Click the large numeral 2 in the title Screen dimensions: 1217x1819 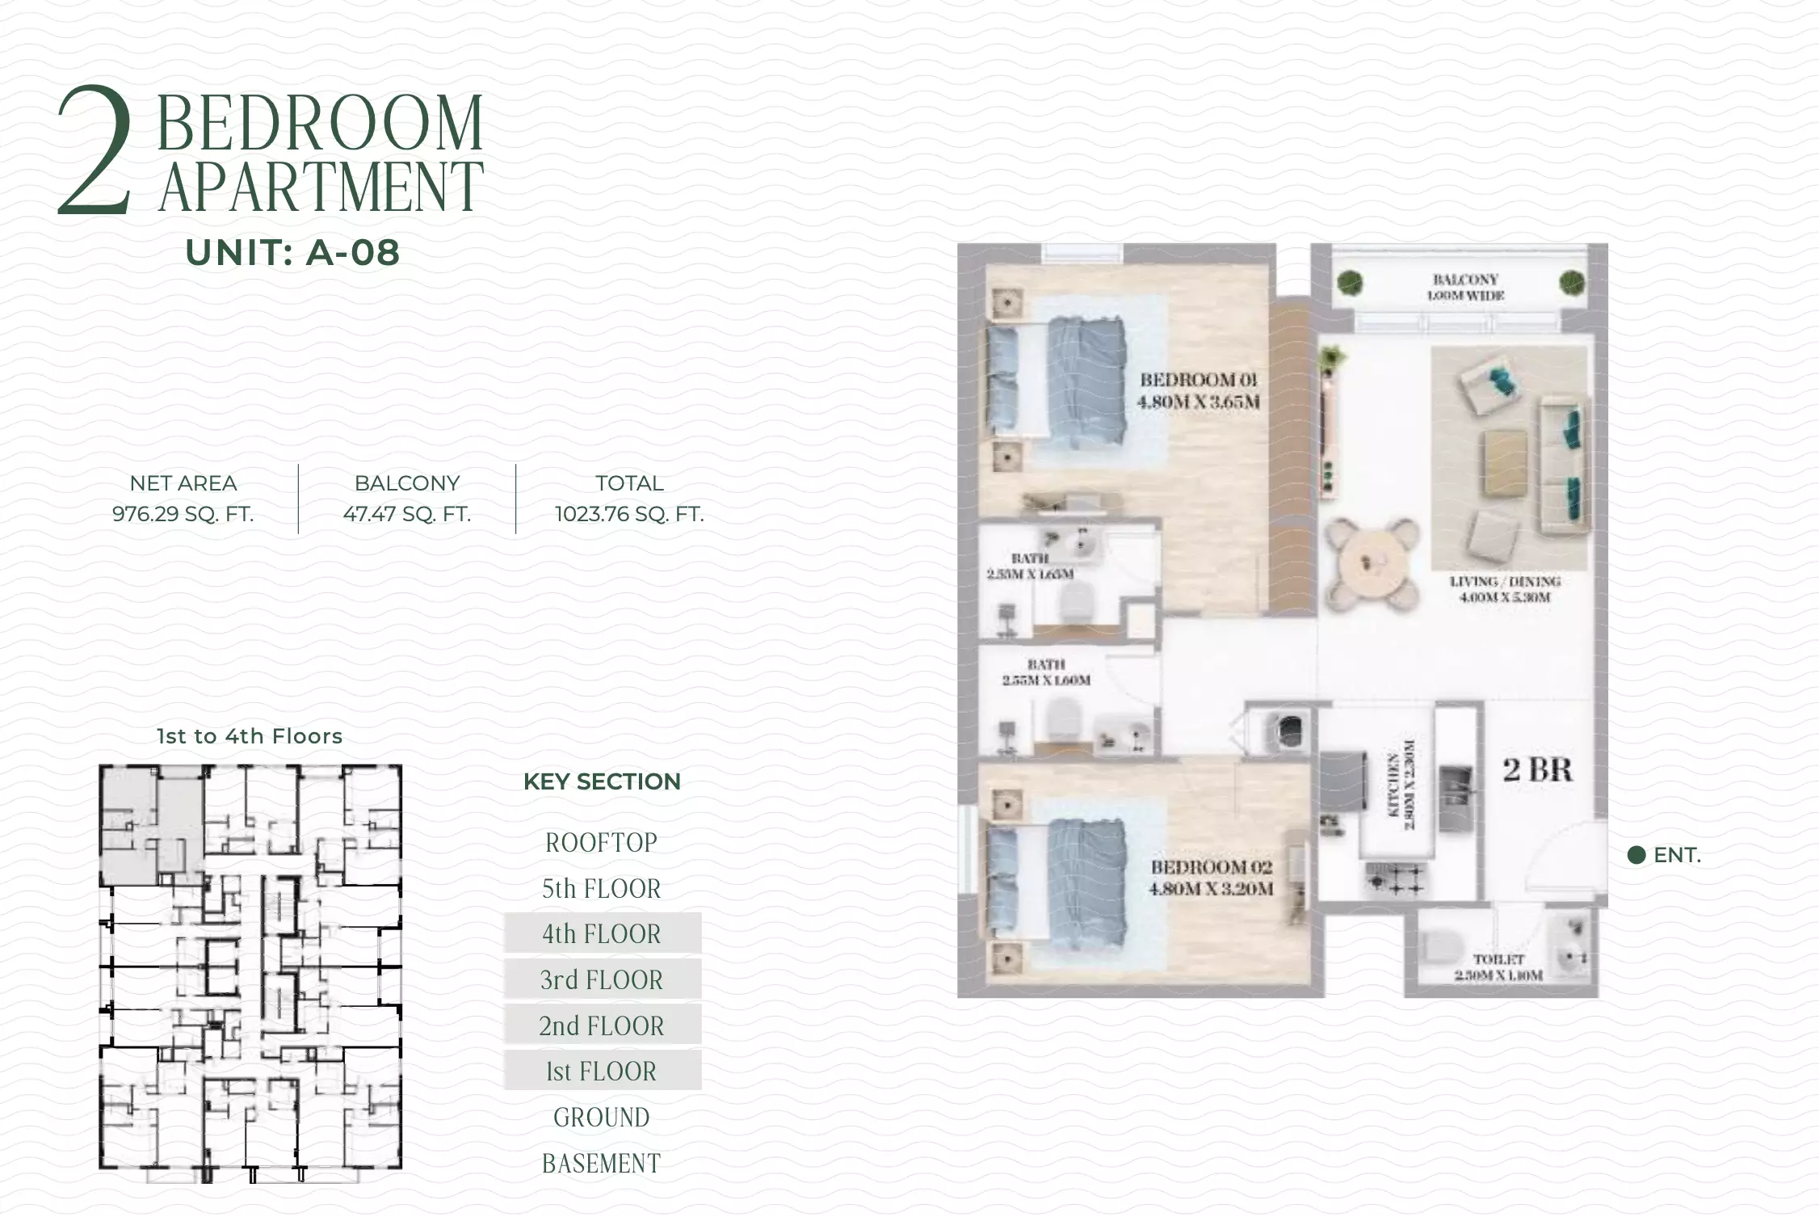pos(95,152)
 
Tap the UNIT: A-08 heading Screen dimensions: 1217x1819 pos(292,253)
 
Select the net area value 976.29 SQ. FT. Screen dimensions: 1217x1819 pos(183,514)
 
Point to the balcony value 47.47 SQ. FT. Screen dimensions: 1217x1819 pos(407,514)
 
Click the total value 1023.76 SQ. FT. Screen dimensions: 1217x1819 pos(629,514)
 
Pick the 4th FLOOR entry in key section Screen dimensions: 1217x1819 pos(602,934)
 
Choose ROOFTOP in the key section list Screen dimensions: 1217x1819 pos(602,843)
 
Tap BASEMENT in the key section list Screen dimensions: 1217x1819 pos(602,1164)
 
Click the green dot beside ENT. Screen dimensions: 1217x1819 pos(1636,856)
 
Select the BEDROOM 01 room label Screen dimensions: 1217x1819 pos(1199,380)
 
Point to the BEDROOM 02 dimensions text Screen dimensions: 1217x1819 pos(1211,889)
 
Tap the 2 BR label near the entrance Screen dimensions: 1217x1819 pos(1537,770)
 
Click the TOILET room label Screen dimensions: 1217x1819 pos(1498,959)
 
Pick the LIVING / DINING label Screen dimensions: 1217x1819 pos(1504,582)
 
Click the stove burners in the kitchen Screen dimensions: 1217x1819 pos(1395,879)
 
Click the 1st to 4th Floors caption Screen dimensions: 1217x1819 pos(250,736)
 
